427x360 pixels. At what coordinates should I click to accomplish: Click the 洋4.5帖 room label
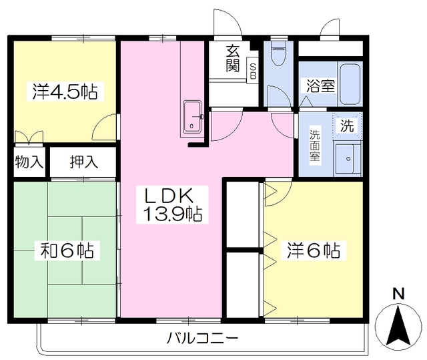click(65, 92)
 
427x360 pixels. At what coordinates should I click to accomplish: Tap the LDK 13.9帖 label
click(171, 206)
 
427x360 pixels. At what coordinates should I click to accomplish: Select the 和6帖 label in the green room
click(67, 251)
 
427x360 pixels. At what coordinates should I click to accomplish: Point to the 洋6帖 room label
click(314, 251)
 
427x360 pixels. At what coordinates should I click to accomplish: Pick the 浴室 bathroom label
click(320, 85)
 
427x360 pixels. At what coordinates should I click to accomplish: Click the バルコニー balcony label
click(202, 337)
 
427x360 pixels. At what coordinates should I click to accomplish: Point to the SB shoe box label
click(253, 71)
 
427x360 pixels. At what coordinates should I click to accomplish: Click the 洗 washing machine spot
click(347, 124)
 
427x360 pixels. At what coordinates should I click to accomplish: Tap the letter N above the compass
click(398, 293)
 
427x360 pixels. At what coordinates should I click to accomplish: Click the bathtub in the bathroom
click(350, 83)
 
